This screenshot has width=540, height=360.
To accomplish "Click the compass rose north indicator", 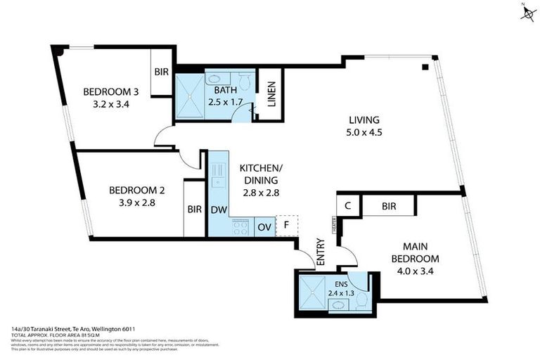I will click(527, 13).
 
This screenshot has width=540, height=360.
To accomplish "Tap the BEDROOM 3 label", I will click(106, 91).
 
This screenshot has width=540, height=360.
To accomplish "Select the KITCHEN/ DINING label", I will click(261, 174).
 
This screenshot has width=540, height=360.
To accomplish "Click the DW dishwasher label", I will click(217, 210).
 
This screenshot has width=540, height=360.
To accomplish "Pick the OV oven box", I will click(264, 226).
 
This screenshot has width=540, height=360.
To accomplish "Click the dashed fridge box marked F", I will click(286, 226).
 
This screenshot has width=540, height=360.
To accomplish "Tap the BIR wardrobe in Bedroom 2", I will click(195, 209).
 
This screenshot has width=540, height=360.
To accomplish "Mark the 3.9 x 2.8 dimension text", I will click(131, 202).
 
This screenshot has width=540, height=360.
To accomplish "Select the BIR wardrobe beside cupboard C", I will click(388, 206).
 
